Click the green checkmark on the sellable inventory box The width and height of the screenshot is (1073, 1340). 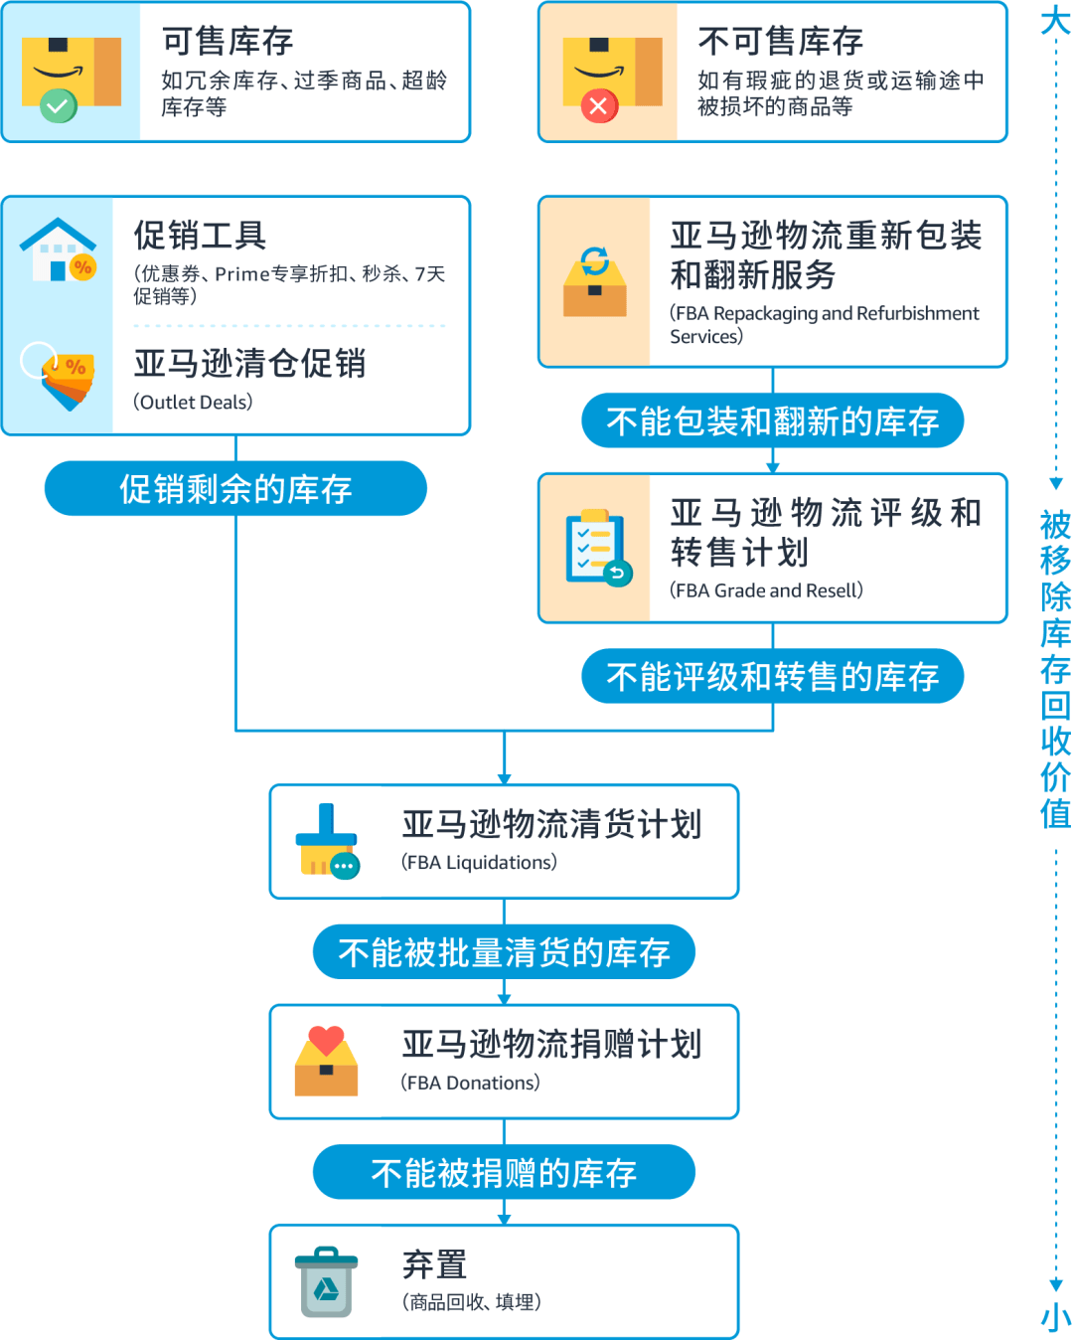tap(59, 105)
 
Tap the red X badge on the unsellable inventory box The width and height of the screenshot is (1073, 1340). tap(598, 105)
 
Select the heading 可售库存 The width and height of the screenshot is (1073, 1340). tap(228, 41)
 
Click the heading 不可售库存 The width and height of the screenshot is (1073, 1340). tap(780, 41)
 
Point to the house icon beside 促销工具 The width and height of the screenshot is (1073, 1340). tap(59, 250)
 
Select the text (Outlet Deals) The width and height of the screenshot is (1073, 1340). tap(193, 402)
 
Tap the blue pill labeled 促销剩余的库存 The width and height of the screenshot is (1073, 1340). tap(235, 488)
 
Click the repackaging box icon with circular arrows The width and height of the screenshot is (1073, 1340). tap(594, 282)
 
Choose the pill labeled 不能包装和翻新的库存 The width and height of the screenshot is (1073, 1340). tap(772, 420)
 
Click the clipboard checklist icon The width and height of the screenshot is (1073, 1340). tap(597, 548)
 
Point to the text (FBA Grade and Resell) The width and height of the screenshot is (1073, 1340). tap(766, 590)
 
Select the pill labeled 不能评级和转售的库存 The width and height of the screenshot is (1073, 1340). tap(772, 677)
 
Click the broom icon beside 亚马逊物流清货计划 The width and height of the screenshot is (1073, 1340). tap(327, 841)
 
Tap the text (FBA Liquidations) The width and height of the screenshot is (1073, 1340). tap(479, 862)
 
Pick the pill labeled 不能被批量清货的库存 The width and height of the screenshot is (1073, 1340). tap(504, 952)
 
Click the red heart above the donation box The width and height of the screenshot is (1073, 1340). tap(326, 1040)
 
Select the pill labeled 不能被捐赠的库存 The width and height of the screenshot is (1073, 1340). tap(504, 1173)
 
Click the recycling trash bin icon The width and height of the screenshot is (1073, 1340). tap(326, 1282)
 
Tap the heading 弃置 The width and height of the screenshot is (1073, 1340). tap(434, 1264)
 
